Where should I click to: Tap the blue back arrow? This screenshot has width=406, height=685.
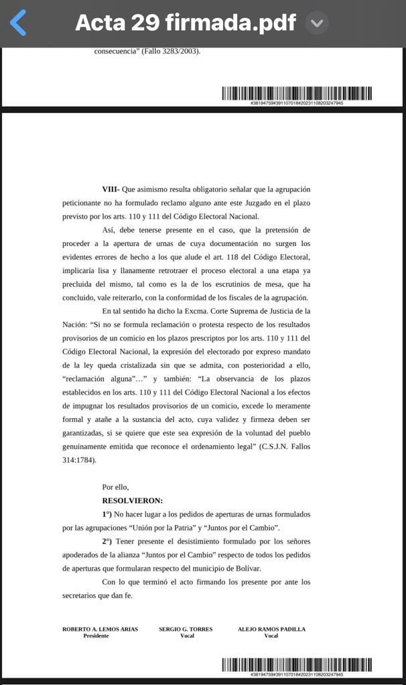pyautogui.click(x=18, y=23)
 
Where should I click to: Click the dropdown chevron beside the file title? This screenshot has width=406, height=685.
pyautogui.click(x=317, y=23)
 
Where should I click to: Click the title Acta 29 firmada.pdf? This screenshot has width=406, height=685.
pyautogui.click(x=185, y=23)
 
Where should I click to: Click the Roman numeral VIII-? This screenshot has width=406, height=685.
pyautogui.click(x=111, y=190)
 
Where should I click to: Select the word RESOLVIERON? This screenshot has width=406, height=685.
pyautogui.click(x=132, y=500)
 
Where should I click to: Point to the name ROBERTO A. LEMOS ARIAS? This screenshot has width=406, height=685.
pyautogui.click(x=100, y=629)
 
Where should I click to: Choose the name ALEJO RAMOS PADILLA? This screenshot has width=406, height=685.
pyautogui.click(x=271, y=629)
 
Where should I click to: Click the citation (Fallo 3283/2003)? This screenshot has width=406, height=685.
pyautogui.click(x=170, y=51)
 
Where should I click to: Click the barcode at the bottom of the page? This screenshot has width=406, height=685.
pyautogui.click(x=297, y=665)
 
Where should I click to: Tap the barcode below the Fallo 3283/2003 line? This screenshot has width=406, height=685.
pyautogui.click(x=297, y=94)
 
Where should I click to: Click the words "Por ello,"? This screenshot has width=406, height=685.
pyautogui.click(x=115, y=487)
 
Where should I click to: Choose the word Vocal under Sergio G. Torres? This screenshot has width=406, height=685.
pyautogui.click(x=187, y=636)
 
